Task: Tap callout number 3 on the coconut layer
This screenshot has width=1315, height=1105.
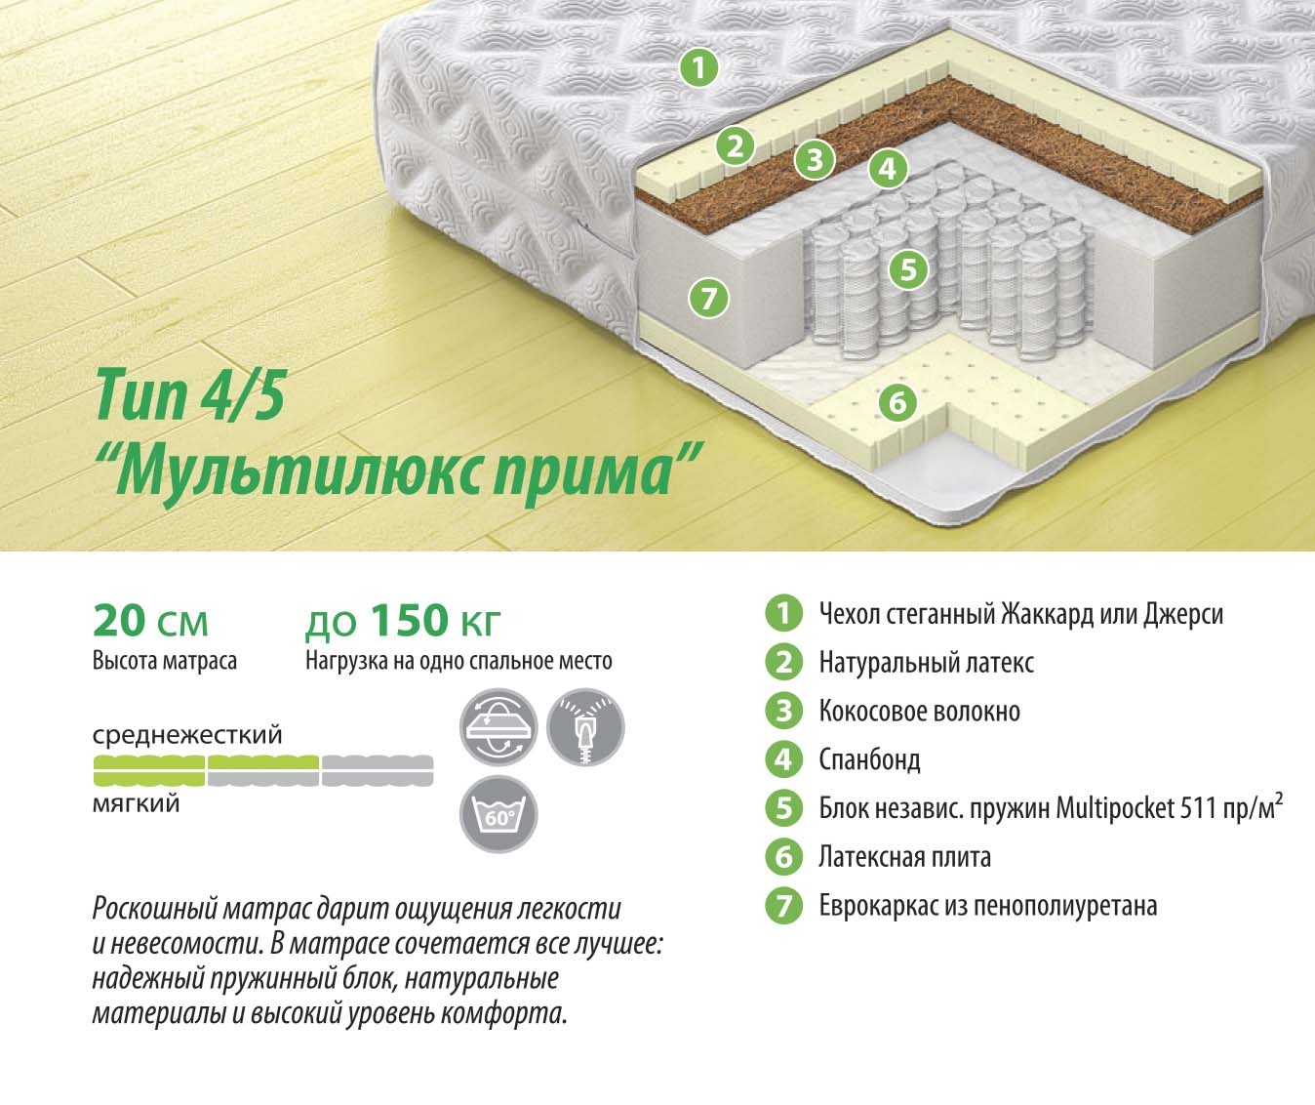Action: click(x=815, y=159)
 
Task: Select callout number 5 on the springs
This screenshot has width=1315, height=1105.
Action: click(x=908, y=269)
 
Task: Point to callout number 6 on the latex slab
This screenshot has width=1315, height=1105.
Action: click(x=897, y=402)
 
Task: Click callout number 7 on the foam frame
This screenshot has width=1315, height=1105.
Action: click(x=708, y=298)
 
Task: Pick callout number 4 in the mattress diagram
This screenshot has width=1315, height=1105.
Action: click(x=887, y=168)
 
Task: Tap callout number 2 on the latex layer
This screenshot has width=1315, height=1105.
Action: click(x=735, y=146)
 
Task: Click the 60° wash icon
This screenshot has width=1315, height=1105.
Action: click(x=498, y=814)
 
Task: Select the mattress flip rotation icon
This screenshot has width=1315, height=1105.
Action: click(x=498, y=727)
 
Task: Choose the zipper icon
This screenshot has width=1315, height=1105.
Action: click(x=585, y=727)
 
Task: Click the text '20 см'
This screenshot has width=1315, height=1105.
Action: click(x=150, y=621)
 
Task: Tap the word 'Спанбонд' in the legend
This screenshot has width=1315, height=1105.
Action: click(x=869, y=759)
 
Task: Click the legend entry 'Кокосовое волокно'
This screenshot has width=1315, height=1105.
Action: click(x=920, y=711)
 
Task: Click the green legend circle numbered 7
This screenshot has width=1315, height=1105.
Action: click(x=783, y=906)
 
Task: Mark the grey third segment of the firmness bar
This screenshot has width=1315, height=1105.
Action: click(x=378, y=771)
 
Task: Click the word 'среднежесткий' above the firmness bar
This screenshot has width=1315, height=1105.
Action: click(x=187, y=735)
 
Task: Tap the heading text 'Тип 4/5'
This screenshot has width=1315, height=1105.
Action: click(x=190, y=395)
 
